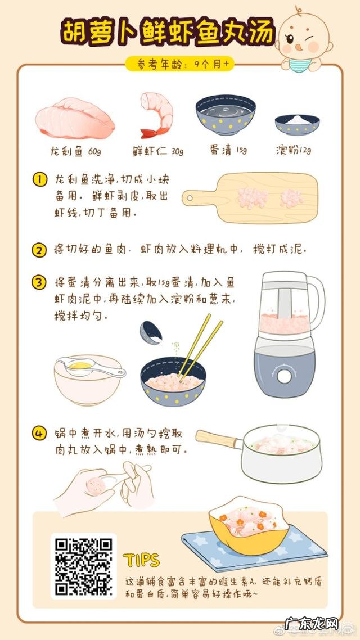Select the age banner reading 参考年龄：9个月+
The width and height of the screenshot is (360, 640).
coord(179,64)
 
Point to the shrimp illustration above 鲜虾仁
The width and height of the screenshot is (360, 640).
coord(156,115)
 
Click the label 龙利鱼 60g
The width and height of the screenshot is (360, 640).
coord(75,151)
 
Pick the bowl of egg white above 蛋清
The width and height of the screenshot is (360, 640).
coord(225,115)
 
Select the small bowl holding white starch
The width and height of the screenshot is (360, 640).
coord(297,124)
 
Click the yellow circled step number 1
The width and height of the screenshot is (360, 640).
coord(39,180)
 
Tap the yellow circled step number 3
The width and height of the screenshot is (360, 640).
coord(39,283)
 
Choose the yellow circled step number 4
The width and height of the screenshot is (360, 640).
coord(39,434)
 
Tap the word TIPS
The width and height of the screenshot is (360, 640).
coord(141,560)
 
